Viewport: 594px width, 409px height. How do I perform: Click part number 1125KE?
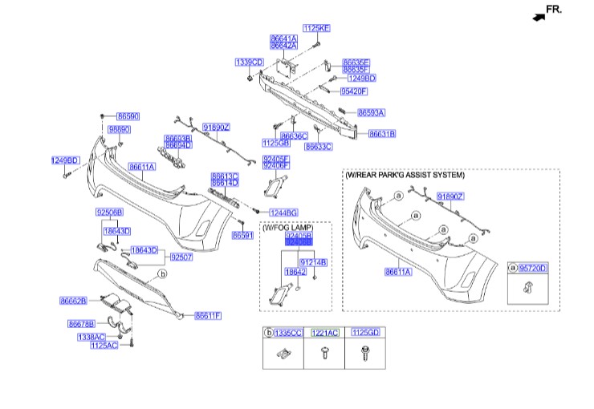315,28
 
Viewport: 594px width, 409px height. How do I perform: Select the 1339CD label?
249,62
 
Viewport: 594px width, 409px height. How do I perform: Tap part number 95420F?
353,91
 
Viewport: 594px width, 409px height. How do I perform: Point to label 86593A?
371,113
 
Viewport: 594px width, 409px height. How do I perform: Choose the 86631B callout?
382,133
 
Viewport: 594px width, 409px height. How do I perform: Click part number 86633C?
318,147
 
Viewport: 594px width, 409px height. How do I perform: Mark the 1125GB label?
275,142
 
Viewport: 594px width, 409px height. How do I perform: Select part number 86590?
128,116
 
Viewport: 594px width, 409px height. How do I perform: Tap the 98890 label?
120,129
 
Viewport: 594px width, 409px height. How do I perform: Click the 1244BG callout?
283,213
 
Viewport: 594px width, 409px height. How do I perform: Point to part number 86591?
242,235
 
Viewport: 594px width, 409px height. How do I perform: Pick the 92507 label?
182,257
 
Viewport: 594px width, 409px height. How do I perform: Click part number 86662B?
73,302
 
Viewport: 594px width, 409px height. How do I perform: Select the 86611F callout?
208,316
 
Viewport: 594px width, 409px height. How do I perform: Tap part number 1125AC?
104,345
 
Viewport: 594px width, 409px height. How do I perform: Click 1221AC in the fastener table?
325,332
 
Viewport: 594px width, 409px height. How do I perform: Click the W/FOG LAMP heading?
281,229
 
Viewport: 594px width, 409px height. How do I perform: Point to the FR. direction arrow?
546,10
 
